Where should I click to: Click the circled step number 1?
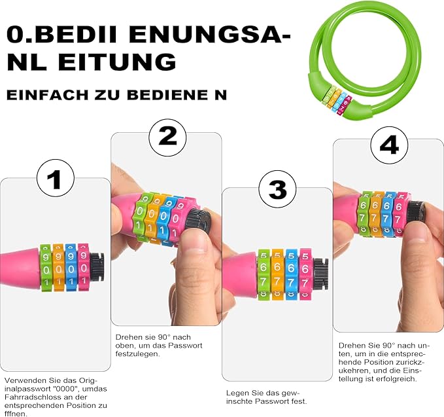click(56, 178)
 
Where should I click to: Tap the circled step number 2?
click(167, 137)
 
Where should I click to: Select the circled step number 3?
click(277, 189)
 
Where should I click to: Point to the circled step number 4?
click(389, 145)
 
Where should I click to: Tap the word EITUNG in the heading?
click(117, 62)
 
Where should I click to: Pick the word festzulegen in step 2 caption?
click(137, 354)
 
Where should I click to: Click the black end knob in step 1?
click(97, 267)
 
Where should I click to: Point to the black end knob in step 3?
click(320, 274)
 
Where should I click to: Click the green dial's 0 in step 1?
click(46, 270)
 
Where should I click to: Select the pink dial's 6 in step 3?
click(305, 268)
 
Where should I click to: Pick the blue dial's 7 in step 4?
click(386, 218)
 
